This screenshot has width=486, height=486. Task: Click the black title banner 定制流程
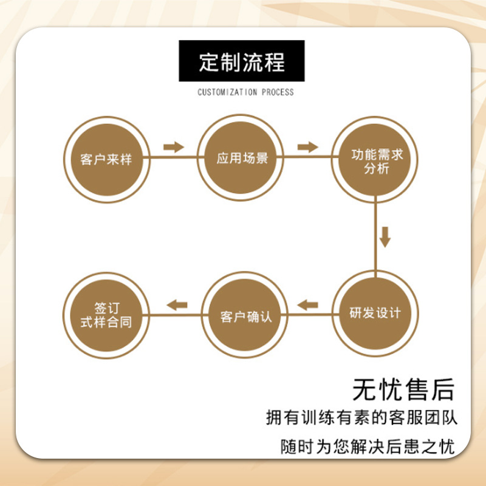(241, 61)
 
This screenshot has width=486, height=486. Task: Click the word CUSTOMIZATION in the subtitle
(228, 92)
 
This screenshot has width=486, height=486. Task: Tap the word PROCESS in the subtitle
(278, 92)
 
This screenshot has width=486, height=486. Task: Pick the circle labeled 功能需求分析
(375, 161)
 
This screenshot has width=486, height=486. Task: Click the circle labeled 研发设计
(375, 314)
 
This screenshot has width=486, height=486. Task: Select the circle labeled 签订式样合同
(106, 314)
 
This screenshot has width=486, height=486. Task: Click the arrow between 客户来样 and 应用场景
(174, 146)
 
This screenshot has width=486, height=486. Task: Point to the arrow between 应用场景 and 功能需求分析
(308, 146)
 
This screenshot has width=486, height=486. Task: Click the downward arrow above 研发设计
(385, 236)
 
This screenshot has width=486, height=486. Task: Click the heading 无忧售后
(403, 389)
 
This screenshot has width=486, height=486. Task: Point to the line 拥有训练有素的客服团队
(361, 419)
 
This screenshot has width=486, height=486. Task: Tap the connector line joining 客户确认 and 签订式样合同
(176, 315)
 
